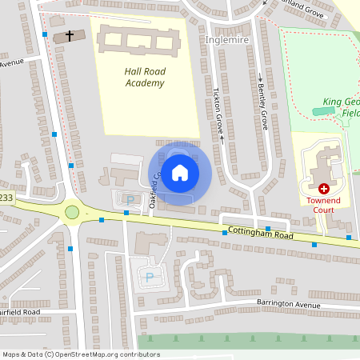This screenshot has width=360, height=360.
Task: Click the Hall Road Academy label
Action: [x=144, y=77]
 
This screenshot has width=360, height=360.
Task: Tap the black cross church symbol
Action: [x=70, y=35]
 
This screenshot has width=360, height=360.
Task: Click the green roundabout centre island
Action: [x=72, y=212]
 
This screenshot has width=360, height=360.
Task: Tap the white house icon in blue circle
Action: [x=179, y=173]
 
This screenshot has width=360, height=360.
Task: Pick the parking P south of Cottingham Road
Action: [x=149, y=277]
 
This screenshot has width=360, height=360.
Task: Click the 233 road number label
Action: [x=6, y=197]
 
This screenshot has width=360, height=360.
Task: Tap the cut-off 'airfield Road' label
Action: [x=21, y=311]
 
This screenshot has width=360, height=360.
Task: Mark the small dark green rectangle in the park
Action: [x=324, y=112]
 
